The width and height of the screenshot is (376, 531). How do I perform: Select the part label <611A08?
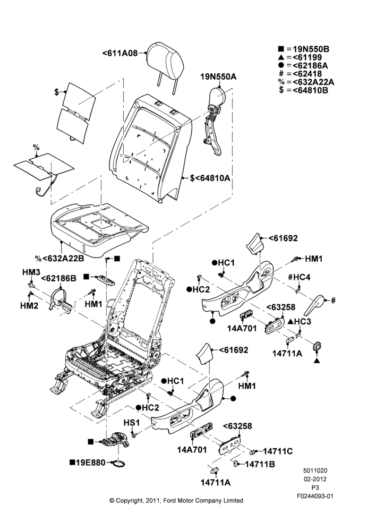(120, 53)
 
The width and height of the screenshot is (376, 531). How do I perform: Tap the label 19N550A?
(218, 77)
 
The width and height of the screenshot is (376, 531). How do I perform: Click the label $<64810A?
(210, 178)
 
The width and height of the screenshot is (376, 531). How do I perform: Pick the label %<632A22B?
(59, 259)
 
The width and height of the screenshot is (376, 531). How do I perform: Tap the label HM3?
(31, 272)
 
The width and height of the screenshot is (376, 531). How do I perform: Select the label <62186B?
(58, 278)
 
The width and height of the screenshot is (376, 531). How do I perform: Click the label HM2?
(29, 305)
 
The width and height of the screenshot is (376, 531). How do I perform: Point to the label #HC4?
(299, 277)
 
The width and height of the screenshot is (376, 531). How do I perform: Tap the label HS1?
(131, 423)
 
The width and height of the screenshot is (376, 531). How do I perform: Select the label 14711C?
(278, 451)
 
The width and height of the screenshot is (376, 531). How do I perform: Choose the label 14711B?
(260, 464)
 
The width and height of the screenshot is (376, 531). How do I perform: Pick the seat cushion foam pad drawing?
(99, 229)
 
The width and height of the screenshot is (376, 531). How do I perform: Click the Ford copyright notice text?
(176, 501)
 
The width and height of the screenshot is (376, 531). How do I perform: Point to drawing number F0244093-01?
(315, 496)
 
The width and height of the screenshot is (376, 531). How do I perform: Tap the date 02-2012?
(315, 479)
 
